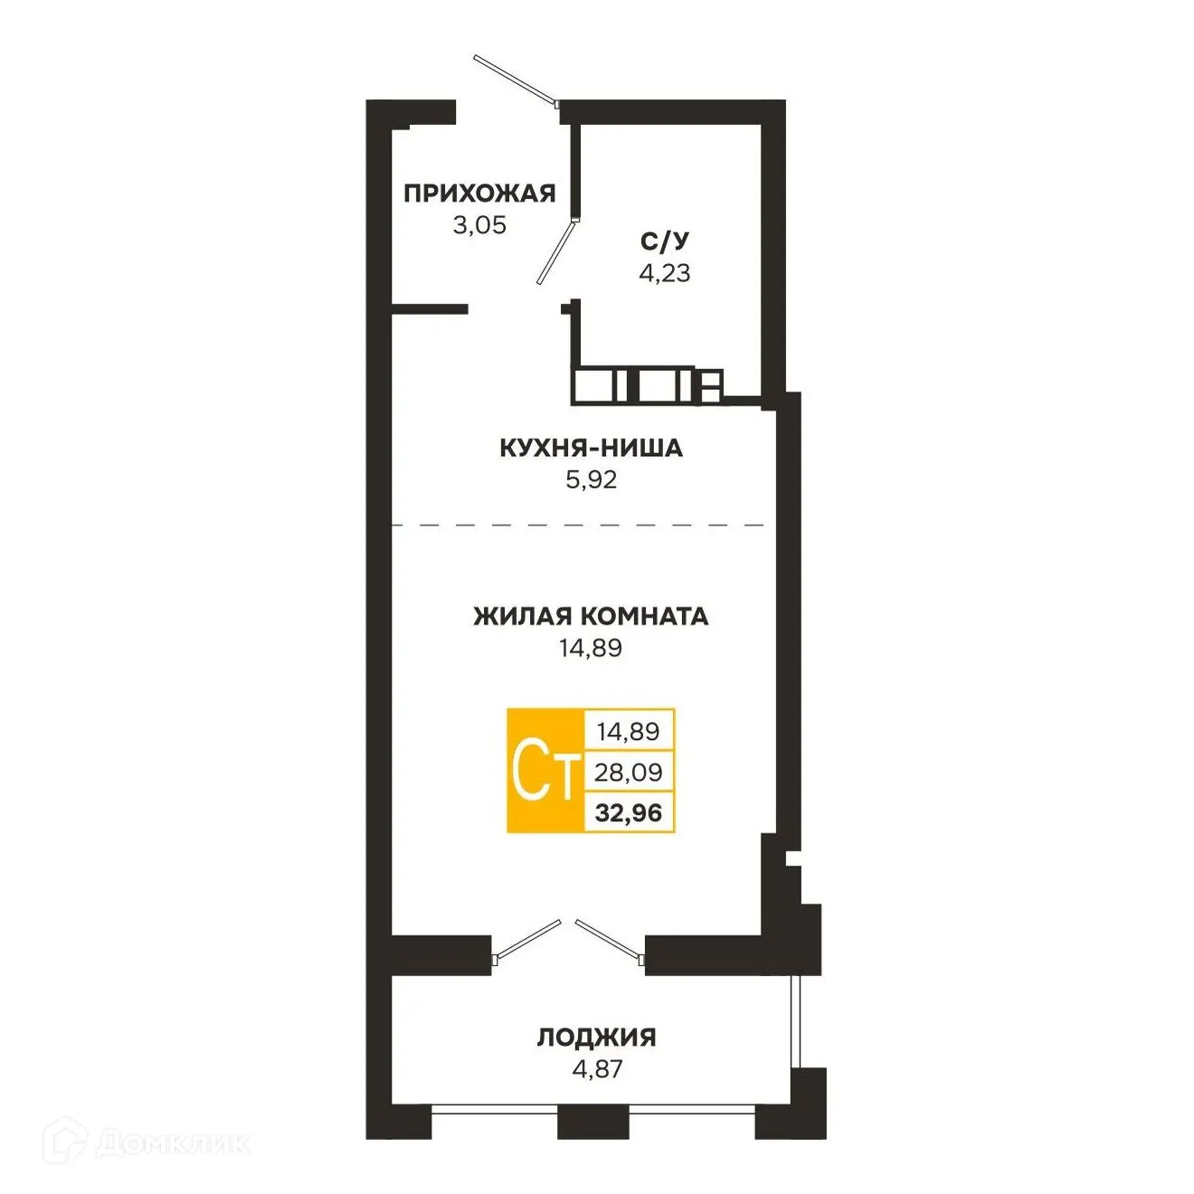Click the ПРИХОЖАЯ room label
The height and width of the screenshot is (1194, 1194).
click(x=479, y=193)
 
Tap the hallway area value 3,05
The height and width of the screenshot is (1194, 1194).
click(x=479, y=225)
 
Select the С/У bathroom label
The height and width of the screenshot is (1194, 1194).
click(x=665, y=241)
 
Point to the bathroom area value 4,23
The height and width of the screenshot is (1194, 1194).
click(x=665, y=272)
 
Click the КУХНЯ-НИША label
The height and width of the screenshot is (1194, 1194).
click(x=591, y=448)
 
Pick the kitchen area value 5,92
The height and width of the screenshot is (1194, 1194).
click(x=591, y=480)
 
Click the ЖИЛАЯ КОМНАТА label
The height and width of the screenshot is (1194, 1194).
click(x=591, y=616)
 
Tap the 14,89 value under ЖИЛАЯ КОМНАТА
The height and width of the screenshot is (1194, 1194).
click(x=591, y=648)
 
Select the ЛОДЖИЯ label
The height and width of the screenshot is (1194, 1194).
click(x=597, y=1037)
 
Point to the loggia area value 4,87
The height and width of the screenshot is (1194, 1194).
click(x=597, y=1068)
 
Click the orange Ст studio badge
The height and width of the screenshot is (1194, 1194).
click(x=545, y=771)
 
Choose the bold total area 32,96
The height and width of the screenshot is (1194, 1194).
click(x=629, y=813)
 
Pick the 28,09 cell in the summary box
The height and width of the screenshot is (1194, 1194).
click(x=629, y=772)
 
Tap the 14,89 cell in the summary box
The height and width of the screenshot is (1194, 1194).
click(x=629, y=731)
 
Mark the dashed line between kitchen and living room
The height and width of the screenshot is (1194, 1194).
click(x=579, y=525)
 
